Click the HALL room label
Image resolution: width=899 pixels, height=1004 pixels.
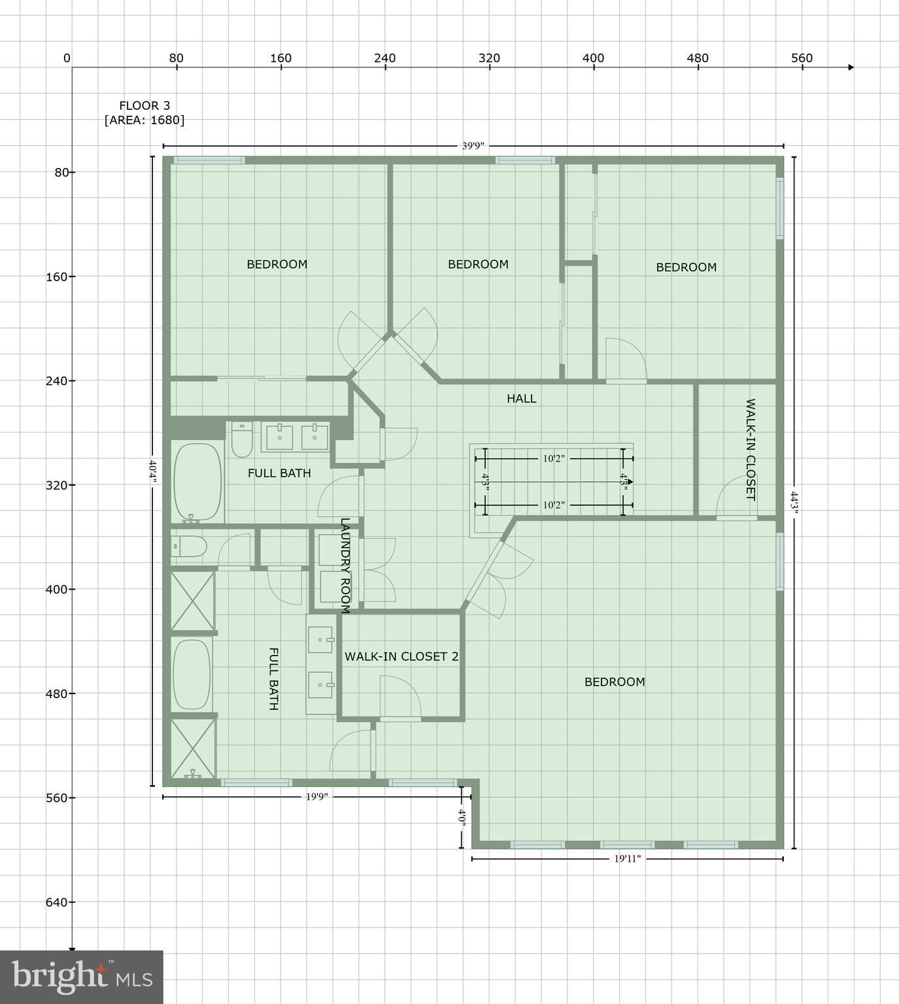pos(521,399)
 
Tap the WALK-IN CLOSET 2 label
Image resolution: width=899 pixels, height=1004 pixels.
pos(401,656)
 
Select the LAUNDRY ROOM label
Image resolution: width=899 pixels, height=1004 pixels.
pos(345,566)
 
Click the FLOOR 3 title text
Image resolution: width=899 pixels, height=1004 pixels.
pos(144,105)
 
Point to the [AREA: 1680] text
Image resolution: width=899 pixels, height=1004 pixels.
pos(144,120)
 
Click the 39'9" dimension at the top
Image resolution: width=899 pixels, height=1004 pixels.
pos(473,146)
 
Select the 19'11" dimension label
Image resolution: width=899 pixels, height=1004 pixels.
pos(627,859)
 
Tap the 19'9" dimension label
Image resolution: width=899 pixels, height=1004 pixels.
pos(316,797)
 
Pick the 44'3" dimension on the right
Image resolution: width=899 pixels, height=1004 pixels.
pos(794,503)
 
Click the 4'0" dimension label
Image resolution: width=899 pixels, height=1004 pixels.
pos(462,818)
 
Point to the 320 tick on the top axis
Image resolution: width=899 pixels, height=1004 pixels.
pos(489,58)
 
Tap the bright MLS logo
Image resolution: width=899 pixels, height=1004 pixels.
pos(82,977)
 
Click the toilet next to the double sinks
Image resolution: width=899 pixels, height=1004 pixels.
pos(242,439)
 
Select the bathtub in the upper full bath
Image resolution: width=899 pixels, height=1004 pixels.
pos(197,482)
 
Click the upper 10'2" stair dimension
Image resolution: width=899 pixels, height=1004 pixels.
pos(553,458)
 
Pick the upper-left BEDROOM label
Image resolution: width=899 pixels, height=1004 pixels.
pos(277,264)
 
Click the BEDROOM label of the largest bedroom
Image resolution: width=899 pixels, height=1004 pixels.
pos(615,682)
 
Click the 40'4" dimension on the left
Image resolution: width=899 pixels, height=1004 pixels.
pos(152,471)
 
